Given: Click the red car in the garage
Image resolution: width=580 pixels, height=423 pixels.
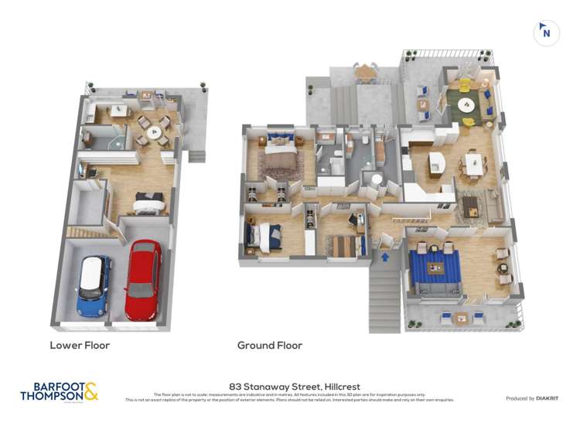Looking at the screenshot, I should point(143,280).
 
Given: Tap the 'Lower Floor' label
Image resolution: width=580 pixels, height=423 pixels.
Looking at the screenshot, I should point(80,346).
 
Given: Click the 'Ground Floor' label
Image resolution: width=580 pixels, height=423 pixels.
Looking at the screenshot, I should point(270,346).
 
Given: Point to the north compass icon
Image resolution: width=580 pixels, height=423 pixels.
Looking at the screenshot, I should point(546,32).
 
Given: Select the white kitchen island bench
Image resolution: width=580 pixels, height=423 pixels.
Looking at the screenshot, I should point(437,164).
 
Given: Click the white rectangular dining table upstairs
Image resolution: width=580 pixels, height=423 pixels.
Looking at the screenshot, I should point(473,164).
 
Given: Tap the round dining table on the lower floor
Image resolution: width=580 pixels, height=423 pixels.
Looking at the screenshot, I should point(158,132).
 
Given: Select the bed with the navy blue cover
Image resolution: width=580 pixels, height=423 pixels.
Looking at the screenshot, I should point(264,234).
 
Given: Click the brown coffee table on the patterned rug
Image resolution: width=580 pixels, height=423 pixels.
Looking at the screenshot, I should point(471,204).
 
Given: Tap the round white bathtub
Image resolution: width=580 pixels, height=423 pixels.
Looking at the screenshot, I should point(375,181).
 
